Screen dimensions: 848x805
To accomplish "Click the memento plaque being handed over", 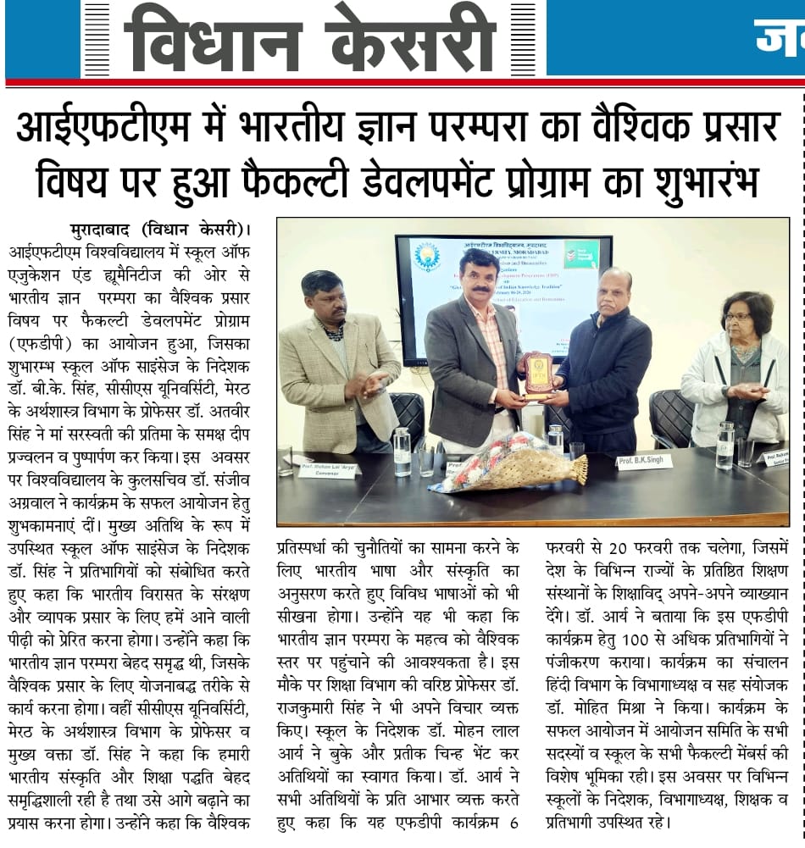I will pyautogui.click(x=537, y=376).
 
